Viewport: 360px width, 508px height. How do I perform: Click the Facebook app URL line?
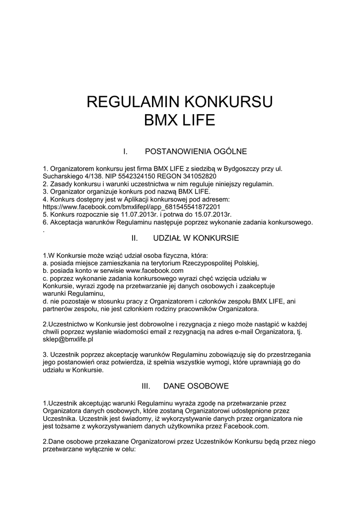point(132,207)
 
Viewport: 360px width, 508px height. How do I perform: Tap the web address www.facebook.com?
point(155,270)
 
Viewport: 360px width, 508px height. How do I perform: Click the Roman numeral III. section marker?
point(146,385)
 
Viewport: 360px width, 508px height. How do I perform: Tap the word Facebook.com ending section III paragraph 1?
point(246,426)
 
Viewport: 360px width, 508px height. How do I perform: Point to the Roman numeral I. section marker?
point(126,151)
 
